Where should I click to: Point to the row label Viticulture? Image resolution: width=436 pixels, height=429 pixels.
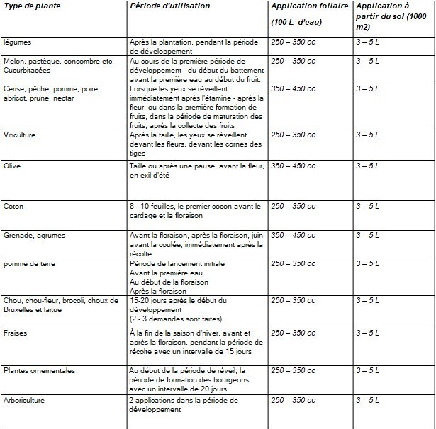tap(20, 134)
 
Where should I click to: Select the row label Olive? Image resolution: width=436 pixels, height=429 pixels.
tap(12, 165)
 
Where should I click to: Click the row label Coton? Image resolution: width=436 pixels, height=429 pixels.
tap(13, 206)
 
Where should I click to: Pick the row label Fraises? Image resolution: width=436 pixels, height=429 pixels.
tap(15, 332)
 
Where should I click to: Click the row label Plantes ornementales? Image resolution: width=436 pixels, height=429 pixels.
tap(39, 370)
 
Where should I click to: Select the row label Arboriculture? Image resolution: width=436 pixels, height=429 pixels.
tap(26, 400)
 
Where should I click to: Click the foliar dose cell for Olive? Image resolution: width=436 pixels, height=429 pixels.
tap(294, 165)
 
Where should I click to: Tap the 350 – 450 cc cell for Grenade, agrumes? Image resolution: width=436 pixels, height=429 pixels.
tap(294, 234)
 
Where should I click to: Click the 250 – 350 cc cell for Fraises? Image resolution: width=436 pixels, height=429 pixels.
tap(294, 332)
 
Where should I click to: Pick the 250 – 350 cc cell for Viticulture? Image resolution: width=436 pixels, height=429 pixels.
tap(294, 134)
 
